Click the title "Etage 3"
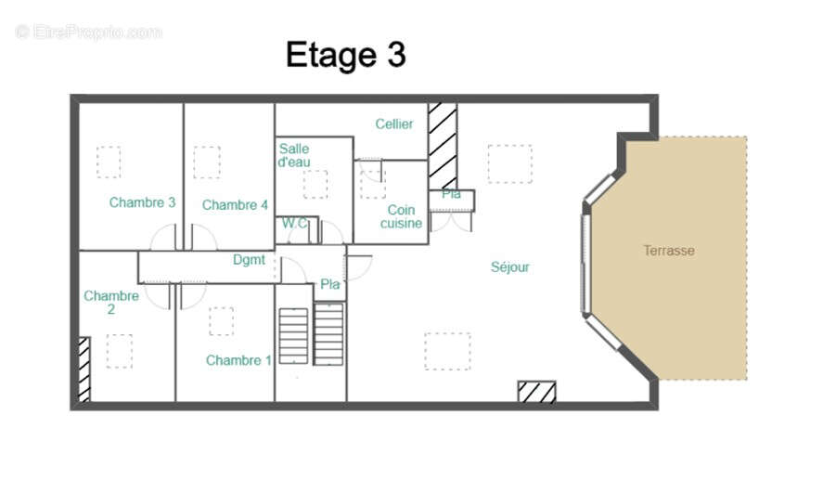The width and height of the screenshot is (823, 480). point(345,55)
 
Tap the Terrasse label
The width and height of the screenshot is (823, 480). point(668,251)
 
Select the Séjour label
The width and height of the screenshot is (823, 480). point(509,267)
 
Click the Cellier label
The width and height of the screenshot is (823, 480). point(394,124)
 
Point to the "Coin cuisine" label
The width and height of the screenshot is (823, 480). point(401,216)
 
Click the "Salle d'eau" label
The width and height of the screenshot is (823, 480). point(294,155)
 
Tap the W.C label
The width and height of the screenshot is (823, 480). point(295,223)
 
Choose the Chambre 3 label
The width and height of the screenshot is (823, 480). point(142,202)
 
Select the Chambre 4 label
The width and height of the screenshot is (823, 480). point(235,204)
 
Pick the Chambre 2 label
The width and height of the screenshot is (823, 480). point(111,303)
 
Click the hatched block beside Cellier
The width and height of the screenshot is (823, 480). point(443,145)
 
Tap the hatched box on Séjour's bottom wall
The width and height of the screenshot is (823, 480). point(536,392)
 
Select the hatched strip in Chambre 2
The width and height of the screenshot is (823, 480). point(84,369)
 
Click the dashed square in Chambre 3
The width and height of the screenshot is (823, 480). point(109,162)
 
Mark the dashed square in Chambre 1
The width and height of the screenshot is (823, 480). point(221,321)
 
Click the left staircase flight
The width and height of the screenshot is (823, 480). point(293,335)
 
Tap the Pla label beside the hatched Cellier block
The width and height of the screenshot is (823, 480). point(451,194)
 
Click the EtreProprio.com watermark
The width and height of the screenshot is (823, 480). point(88,32)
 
